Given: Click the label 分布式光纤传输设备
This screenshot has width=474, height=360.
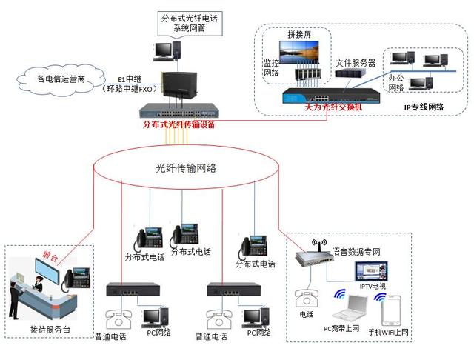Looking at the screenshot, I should [178, 125].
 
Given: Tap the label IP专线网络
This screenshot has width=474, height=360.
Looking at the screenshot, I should [424, 107].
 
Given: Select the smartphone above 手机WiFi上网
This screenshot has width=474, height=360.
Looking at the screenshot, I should [393, 310].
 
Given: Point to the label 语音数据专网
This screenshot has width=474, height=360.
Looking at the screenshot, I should [358, 253].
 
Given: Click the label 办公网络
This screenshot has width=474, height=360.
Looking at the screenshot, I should [395, 82].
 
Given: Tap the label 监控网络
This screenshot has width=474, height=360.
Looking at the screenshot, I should [272, 68].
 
